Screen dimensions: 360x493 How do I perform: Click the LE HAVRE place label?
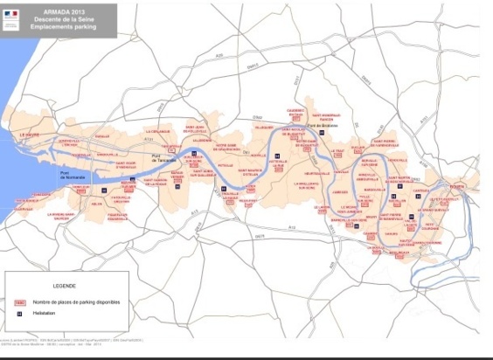pyautogui.click(x=30, y=135)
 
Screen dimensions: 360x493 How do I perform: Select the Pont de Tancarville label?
pyautogui.click(x=163, y=158)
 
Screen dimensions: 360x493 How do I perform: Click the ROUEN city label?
pyautogui.click(x=457, y=185)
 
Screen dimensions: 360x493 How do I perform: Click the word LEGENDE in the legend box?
pyautogui.click(x=64, y=286)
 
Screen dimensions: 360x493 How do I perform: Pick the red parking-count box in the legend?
pyautogui.click(x=19, y=301)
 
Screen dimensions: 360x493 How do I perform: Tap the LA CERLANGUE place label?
pyautogui.click(x=158, y=131)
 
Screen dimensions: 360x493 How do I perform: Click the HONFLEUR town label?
pyautogui.click(x=41, y=195)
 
